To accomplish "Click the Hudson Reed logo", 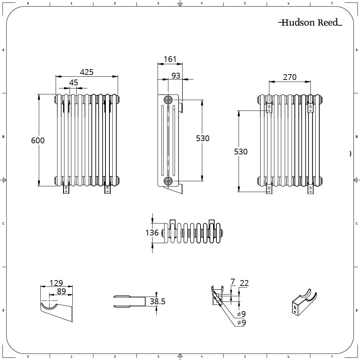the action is click(310, 22).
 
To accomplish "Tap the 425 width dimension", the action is click(87, 72).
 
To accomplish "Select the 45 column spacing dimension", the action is click(73, 82).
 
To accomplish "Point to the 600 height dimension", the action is click(38, 140).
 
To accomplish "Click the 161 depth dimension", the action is click(170, 59).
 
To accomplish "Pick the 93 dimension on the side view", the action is click(176, 76).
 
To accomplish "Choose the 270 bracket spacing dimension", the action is click(290, 77).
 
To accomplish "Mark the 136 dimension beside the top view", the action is click(152, 233).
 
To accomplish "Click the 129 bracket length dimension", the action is click(56, 283).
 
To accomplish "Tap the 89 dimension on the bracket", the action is click(61, 291).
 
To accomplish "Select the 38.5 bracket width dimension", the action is click(158, 301).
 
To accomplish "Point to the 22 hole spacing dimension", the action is click(244, 283).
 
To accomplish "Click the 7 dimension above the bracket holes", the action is click(233, 282).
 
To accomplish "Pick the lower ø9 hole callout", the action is click(242, 323).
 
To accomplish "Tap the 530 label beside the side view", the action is click(203, 138).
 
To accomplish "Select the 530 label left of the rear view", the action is click(241, 152).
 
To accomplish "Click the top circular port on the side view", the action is click(168, 100).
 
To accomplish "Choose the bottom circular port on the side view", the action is click(168, 181).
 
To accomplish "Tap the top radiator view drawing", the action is click(192, 232).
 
